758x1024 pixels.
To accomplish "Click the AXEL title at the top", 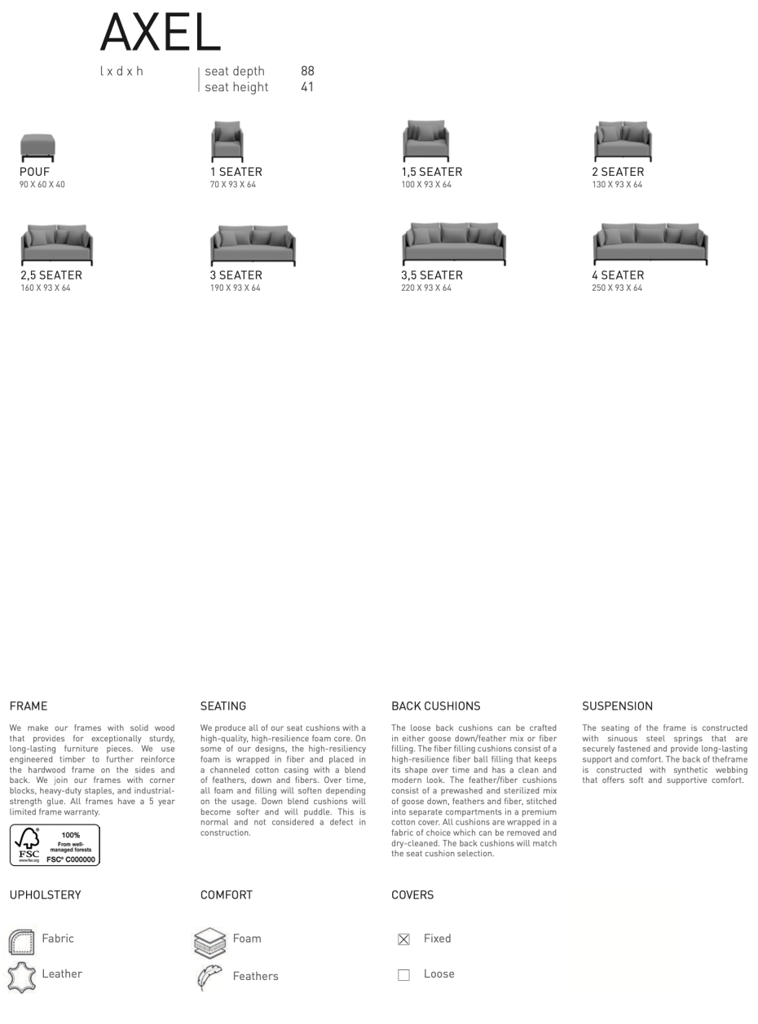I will pyautogui.click(x=160, y=33).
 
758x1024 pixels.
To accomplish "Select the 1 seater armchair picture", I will pyautogui.click(x=227, y=142).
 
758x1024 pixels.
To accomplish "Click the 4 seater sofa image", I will pyautogui.click(x=650, y=244).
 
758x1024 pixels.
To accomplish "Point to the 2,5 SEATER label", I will pyautogui.click(x=51, y=275).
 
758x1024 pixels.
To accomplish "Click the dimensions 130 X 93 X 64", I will pyautogui.click(x=617, y=185).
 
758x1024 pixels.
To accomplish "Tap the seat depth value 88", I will pyautogui.click(x=307, y=71).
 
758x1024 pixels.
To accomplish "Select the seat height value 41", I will pyautogui.click(x=307, y=87).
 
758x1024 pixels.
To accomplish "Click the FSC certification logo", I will pyautogui.click(x=55, y=845).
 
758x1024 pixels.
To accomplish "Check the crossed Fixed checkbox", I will pyautogui.click(x=403, y=939).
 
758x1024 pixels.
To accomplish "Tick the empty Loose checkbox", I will pyautogui.click(x=403, y=975).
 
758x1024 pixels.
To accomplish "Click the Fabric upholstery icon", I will pyautogui.click(x=21, y=942).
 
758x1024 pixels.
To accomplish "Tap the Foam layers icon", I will pyautogui.click(x=210, y=943).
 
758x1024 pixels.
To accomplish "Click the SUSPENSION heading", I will pyautogui.click(x=617, y=706).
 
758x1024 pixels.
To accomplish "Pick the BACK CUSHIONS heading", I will pyautogui.click(x=435, y=706).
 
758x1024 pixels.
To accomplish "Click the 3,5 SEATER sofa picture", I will pyautogui.click(x=454, y=244).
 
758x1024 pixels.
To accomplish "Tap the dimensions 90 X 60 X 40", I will pyautogui.click(x=42, y=185).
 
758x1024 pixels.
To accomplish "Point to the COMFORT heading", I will pyautogui.click(x=227, y=895).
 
